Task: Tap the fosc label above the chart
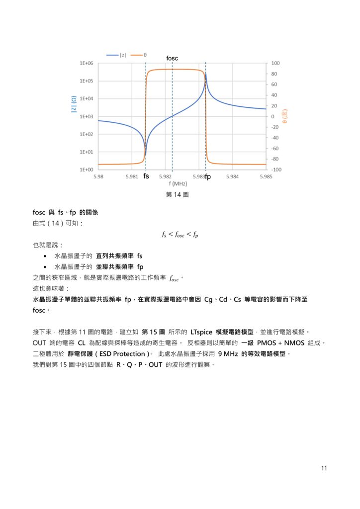click(x=172, y=59)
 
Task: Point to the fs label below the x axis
click(x=146, y=176)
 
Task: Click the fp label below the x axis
click(x=208, y=176)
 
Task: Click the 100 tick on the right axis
click(x=275, y=64)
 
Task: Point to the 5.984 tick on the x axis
click(x=232, y=175)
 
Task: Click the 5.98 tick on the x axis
click(x=98, y=175)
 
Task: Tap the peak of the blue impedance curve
click(x=206, y=74)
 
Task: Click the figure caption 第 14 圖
click(x=177, y=195)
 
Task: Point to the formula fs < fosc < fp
click(x=180, y=235)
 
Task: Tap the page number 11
click(x=324, y=468)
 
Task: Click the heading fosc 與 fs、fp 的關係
click(x=65, y=212)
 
